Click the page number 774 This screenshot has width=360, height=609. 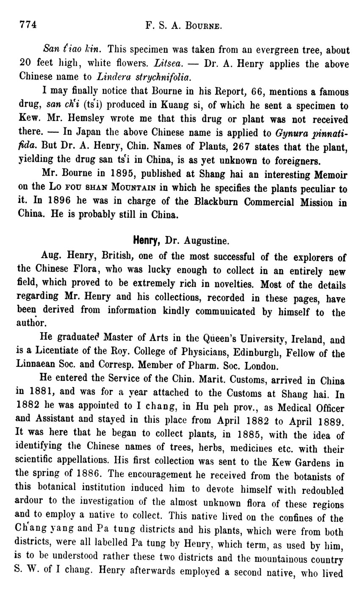click(28, 25)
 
